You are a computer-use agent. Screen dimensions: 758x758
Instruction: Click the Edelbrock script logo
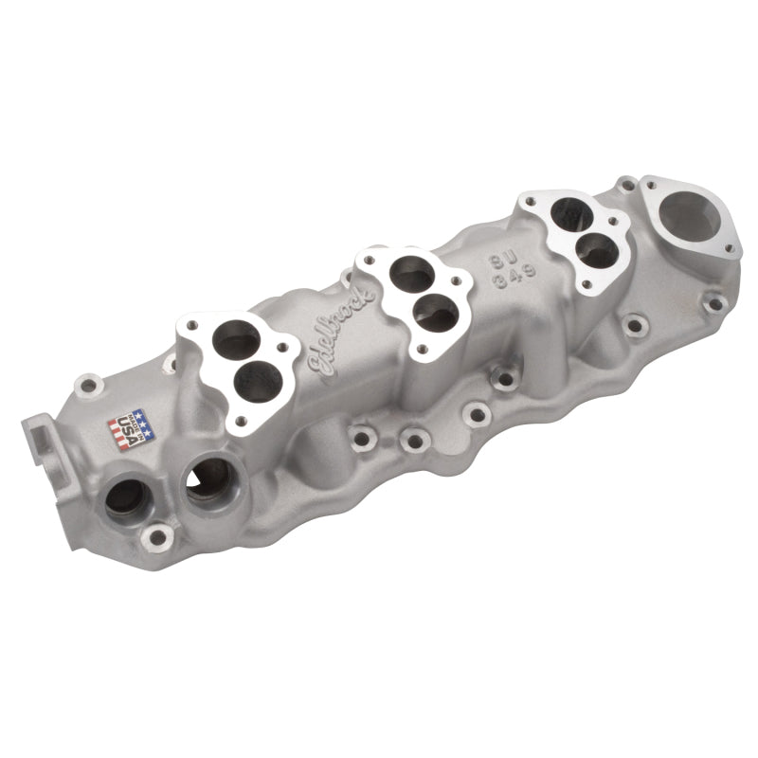[x=339, y=327]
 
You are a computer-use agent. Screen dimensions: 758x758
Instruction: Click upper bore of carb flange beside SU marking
[x=573, y=221]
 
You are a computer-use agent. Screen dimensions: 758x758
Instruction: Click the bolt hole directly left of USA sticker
[x=88, y=387]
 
